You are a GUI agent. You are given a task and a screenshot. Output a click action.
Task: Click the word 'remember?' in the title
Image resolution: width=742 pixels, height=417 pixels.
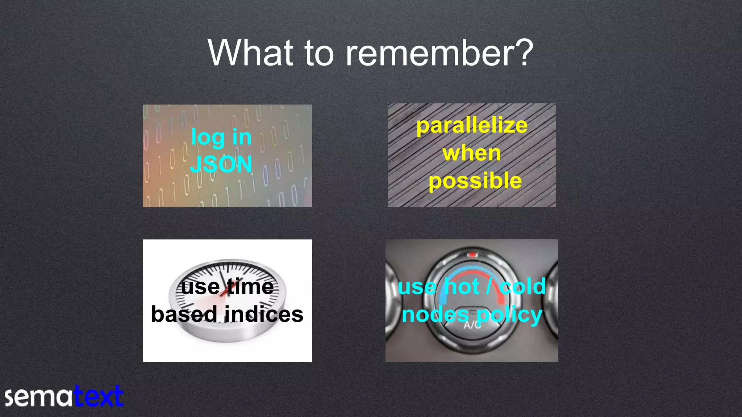(x=439, y=54)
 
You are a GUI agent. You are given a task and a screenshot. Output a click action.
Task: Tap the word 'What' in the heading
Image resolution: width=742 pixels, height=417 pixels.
(x=250, y=54)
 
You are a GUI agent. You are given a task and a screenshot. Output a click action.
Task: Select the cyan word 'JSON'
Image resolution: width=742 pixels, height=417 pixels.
(x=221, y=164)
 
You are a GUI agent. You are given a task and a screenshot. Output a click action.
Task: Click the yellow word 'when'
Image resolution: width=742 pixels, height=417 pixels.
(x=472, y=153)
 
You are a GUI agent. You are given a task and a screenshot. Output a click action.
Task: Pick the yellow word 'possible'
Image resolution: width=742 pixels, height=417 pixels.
(x=475, y=181)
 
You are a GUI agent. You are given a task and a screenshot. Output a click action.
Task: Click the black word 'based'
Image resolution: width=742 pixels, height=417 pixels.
(x=184, y=314)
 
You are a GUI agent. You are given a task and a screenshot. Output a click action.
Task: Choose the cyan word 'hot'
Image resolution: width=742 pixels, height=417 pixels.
(x=462, y=287)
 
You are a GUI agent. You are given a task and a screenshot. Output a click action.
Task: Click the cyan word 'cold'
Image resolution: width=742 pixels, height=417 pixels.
(x=522, y=287)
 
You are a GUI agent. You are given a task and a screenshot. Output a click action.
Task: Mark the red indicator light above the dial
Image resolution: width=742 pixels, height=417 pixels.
(x=472, y=255)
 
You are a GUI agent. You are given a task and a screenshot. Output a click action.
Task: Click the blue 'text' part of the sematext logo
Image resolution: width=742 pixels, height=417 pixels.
(x=99, y=397)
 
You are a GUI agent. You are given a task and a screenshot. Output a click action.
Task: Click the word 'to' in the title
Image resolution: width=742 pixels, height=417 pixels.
(x=318, y=54)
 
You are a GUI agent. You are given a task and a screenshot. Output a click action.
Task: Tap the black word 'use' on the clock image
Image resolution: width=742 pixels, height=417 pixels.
(x=200, y=287)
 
